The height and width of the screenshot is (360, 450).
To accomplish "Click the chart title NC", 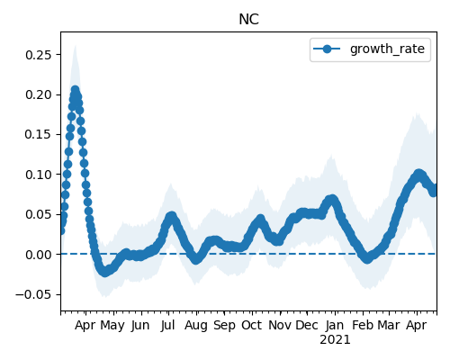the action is pyautogui.click(x=248, y=20).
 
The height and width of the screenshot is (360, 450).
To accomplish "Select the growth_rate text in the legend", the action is pyautogui.click(x=387, y=49).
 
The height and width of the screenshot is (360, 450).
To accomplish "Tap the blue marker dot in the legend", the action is pyautogui.click(x=327, y=49).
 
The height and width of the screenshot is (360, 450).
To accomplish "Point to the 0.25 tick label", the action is pyautogui.click(x=39, y=55).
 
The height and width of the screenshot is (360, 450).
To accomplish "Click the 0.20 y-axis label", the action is pyautogui.click(x=39, y=94).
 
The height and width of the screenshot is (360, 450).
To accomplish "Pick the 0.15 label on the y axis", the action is pyautogui.click(x=39, y=135).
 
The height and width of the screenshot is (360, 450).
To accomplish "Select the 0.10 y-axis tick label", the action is pyautogui.click(x=39, y=175).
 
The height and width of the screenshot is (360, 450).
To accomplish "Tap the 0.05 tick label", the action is pyautogui.click(x=39, y=214).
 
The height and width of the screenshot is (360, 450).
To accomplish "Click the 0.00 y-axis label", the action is pyautogui.click(x=39, y=255).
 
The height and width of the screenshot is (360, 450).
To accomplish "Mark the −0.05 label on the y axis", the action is pyautogui.click(x=34, y=294).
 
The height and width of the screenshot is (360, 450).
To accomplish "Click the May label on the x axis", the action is pyautogui.click(x=112, y=326).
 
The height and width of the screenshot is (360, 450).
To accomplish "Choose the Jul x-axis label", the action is pyautogui.click(x=167, y=325).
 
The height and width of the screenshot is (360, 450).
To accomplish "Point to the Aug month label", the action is pyautogui.click(x=196, y=326).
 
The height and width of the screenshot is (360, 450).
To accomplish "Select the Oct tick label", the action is pyautogui.click(x=251, y=325).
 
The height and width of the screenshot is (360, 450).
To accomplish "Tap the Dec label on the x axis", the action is pyautogui.click(x=307, y=325).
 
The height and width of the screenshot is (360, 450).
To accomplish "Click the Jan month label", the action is pyautogui.click(x=335, y=325).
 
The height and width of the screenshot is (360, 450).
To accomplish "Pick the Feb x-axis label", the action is pyautogui.click(x=363, y=325).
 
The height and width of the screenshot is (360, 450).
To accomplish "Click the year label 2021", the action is pyautogui.click(x=335, y=340).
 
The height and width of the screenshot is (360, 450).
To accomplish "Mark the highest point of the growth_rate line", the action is pyautogui.click(x=75, y=89).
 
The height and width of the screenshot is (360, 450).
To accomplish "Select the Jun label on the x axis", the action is pyautogui.click(x=140, y=325).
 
